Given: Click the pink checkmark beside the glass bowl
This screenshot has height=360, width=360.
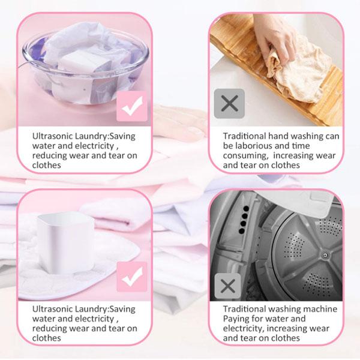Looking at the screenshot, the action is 132,106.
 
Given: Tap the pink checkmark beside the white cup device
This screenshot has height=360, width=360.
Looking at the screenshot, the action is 132,277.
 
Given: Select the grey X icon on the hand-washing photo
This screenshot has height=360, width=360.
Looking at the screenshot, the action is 229,104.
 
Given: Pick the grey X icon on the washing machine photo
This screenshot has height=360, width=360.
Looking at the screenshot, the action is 227,286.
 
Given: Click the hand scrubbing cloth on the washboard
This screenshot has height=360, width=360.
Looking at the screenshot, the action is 274,39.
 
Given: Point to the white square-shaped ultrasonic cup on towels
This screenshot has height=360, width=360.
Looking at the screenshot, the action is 66,242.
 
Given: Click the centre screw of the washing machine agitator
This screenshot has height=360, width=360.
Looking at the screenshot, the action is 325,255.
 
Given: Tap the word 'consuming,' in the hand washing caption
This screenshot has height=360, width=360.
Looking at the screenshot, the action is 246,156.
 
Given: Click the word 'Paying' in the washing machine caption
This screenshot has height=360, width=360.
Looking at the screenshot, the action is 235,319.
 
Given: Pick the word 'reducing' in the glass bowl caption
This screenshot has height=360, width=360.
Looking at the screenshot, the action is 49,156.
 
